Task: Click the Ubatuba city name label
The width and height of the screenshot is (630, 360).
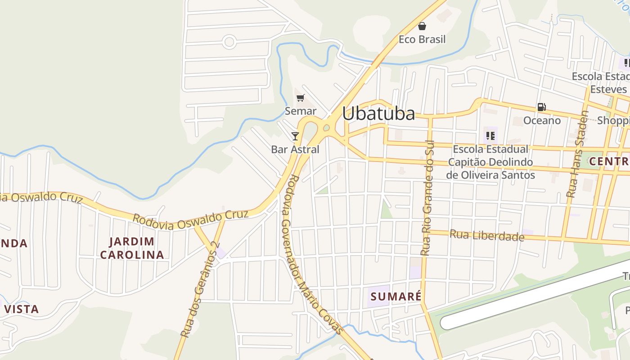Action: pos(378,113)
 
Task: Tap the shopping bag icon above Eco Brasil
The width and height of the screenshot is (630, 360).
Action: pos(422,26)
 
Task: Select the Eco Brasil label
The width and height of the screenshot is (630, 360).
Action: pos(422,40)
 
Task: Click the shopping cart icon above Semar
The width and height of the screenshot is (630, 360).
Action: pos(300,98)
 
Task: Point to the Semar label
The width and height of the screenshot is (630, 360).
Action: pos(301,111)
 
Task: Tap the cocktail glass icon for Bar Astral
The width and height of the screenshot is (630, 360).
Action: pos(295,136)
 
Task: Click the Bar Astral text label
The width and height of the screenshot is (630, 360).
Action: pos(295,149)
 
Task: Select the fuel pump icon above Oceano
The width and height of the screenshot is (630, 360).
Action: pos(541,107)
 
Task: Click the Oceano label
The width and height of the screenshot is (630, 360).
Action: pos(542,121)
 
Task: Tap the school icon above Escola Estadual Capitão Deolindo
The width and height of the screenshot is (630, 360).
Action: pos(490,135)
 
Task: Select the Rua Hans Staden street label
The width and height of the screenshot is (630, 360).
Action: pos(577,154)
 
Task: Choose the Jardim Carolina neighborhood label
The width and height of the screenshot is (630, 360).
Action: pos(132,248)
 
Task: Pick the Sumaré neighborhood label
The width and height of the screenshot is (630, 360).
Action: pos(396,297)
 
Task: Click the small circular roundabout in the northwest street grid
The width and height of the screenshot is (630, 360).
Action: pos(229,42)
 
